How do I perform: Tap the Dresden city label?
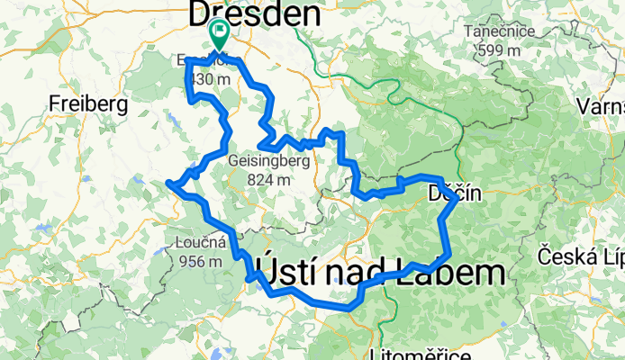click(254, 14)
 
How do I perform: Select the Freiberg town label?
click(89, 103)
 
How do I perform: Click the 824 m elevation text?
click(270, 179)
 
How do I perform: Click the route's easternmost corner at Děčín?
click(456, 200)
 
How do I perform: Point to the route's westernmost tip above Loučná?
click(168, 184)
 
